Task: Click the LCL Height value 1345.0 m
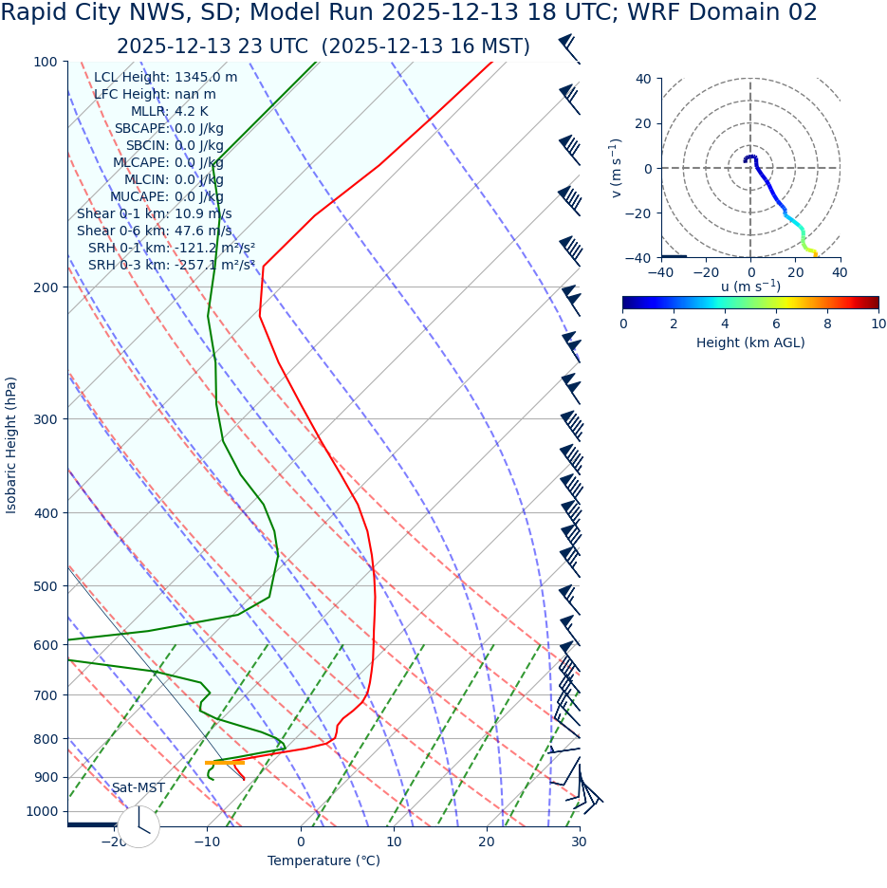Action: coord(206,78)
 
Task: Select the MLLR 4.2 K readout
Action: coord(189,112)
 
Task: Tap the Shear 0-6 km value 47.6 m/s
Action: coord(203,231)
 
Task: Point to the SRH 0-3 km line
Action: coord(171,266)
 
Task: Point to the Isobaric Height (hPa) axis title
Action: coord(11,445)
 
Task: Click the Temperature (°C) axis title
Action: coord(323,861)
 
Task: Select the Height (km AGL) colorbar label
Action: coord(750,342)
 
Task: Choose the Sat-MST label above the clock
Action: coord(139,788)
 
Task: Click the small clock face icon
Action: coord(139,826)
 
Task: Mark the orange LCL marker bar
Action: coord(225,763)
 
